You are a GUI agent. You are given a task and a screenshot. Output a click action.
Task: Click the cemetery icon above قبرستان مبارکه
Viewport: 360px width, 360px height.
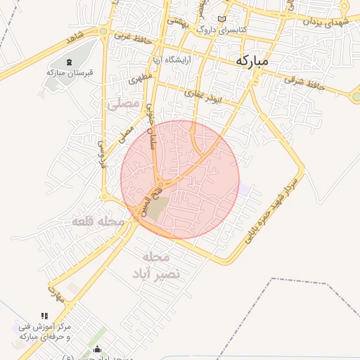[68, 63]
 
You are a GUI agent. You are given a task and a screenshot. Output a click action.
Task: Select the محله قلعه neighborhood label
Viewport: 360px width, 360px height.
[98, 222]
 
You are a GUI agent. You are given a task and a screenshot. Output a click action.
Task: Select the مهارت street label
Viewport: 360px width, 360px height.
[56, 293]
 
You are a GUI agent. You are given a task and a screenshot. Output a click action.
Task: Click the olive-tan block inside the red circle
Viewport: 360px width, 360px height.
[160, 207]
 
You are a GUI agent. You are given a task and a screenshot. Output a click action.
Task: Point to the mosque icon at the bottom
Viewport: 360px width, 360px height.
[97, 349]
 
